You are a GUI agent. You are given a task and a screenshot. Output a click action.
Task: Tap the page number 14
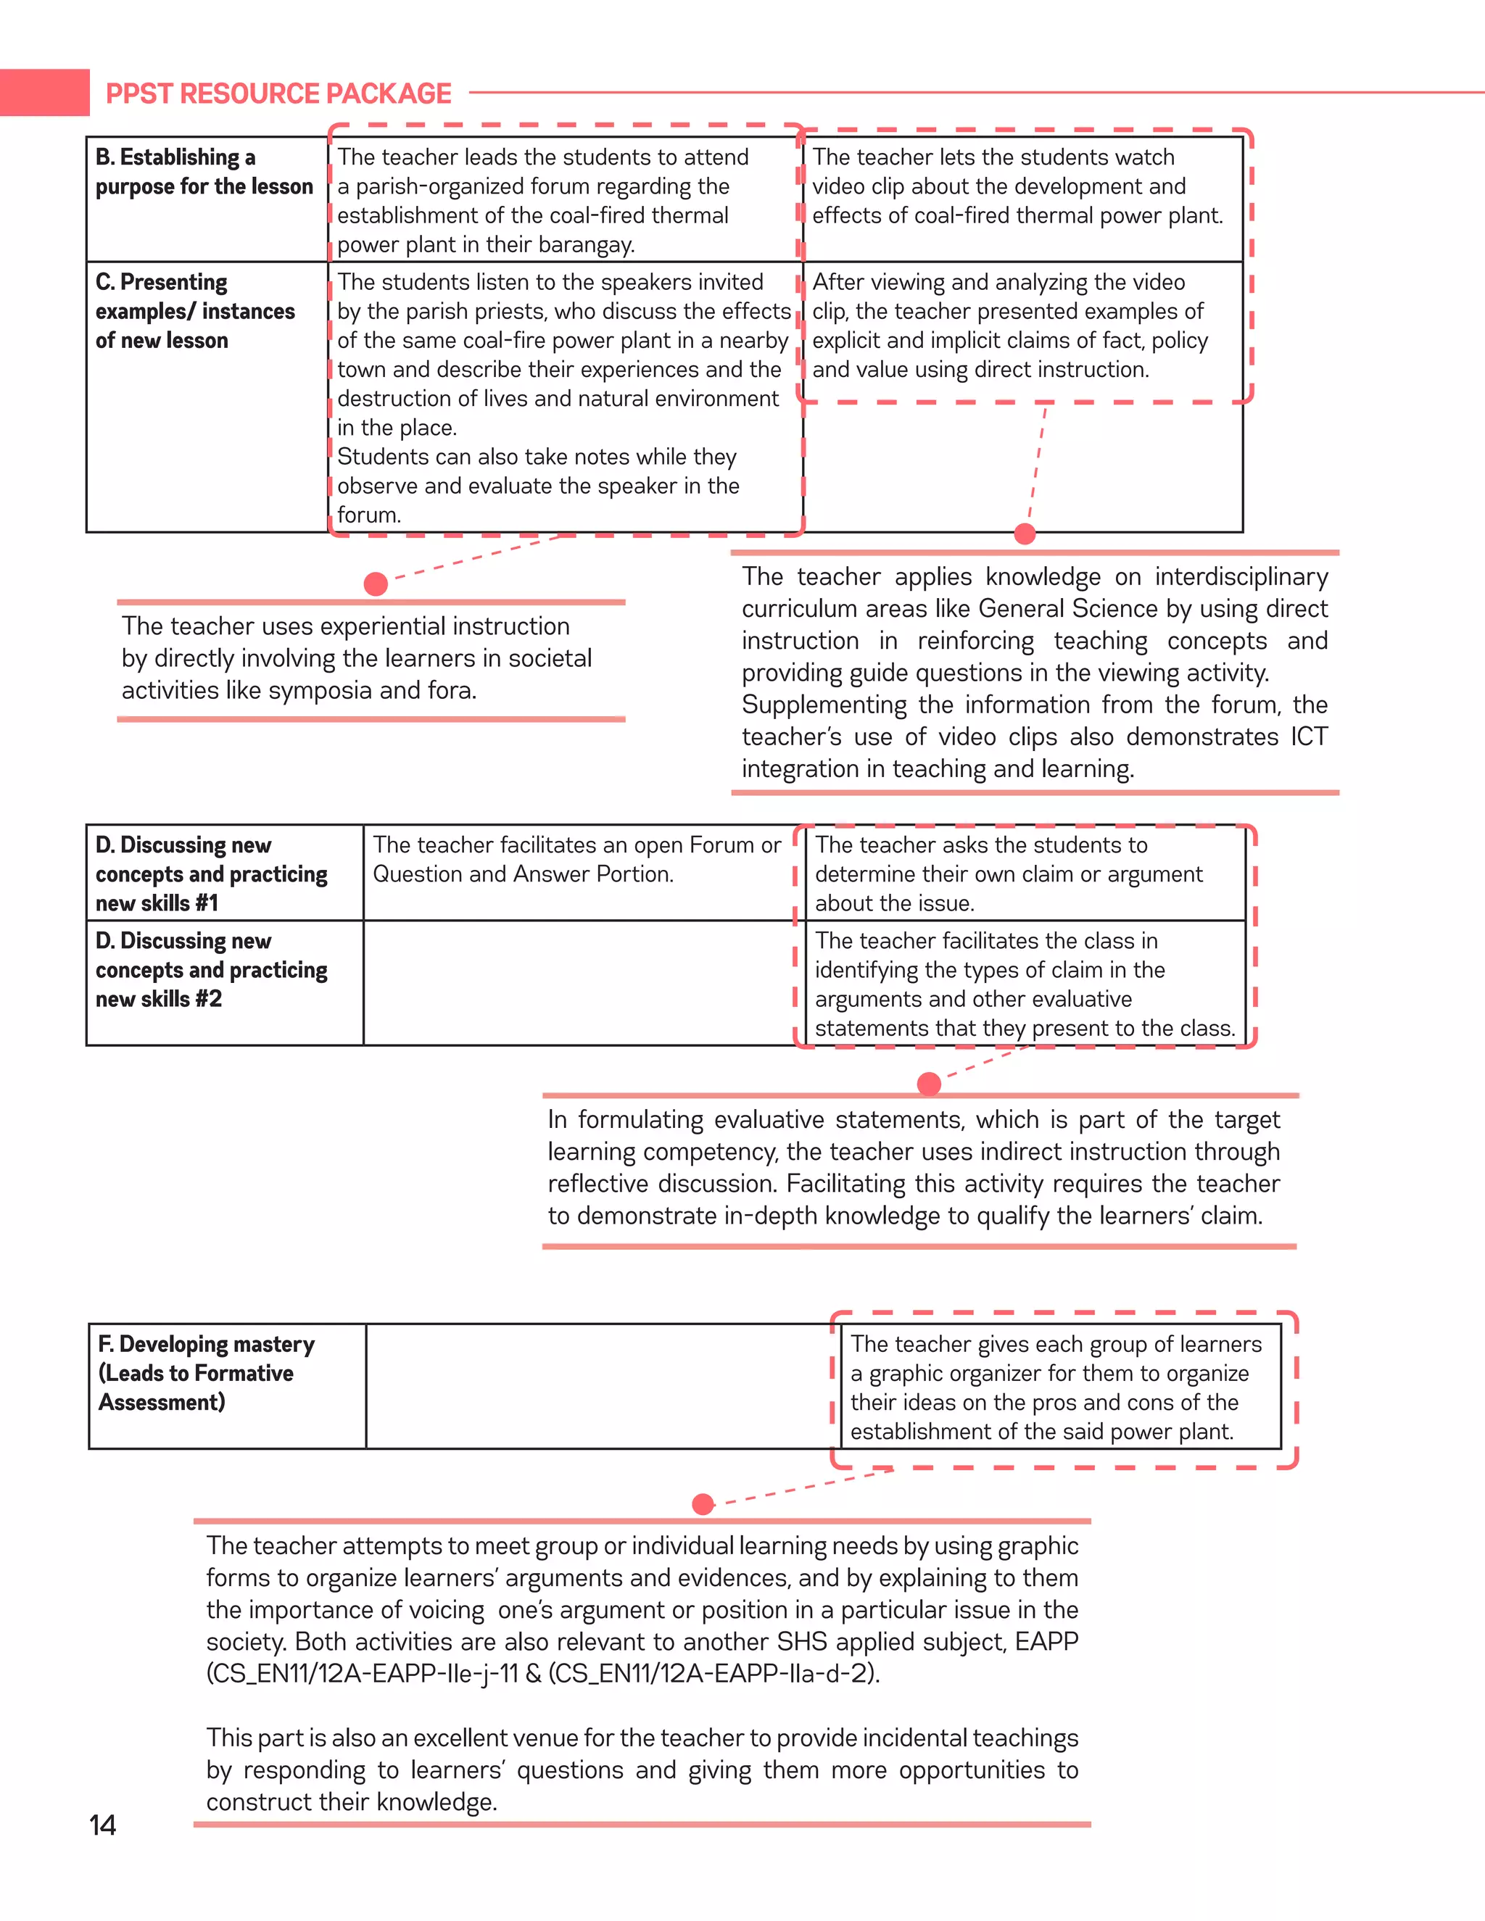click(x=102, y=1825)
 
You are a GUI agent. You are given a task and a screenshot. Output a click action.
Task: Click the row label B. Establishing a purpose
click(x=203, y=172)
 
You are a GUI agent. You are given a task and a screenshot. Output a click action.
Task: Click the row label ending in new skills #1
click(x=210, y=874)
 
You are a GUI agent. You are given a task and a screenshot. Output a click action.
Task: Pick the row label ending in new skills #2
click(x=210, y=969)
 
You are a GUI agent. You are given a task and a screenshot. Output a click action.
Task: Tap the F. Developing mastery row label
click(x=206, y=1372)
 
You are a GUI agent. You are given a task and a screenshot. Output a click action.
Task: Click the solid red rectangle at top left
click(x=44, y=92)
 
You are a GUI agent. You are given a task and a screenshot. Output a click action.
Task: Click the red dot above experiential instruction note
click(x=376, y=584)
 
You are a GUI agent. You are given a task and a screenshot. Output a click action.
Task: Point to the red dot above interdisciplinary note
click(x=1025, y=533)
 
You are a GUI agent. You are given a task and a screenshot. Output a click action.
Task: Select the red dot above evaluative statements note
click(x=929, y=1084)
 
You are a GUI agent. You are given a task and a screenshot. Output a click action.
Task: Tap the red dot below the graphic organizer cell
click(x=703, y=1504)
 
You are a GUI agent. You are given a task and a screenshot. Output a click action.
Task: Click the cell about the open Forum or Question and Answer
click(x=576, y=859)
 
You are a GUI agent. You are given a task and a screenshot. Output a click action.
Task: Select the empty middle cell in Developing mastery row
click(x=598, y=1385)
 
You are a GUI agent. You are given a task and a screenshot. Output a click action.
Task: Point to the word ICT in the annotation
click(x=1308, y=737)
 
